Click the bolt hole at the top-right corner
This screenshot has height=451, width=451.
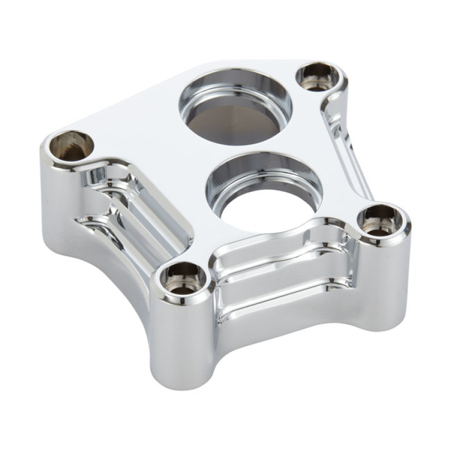319,77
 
